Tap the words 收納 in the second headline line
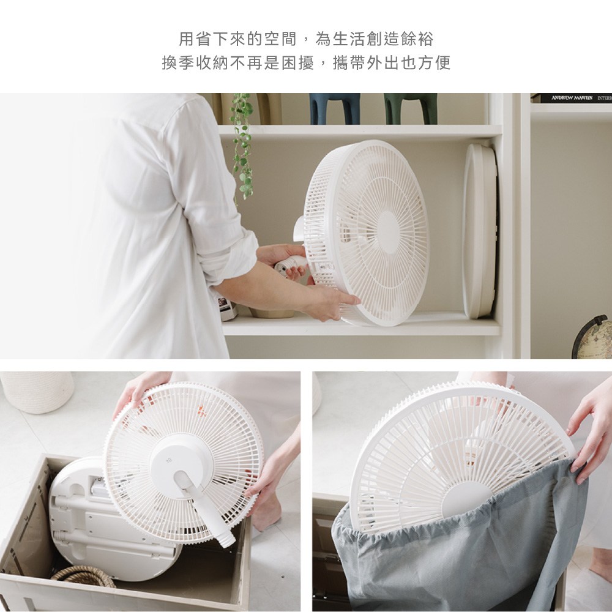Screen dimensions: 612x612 (x=212, y=62)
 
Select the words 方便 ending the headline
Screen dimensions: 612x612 (x=435, y=62)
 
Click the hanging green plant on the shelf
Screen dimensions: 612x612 (x=242, y=145)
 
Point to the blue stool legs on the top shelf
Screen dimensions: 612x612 (x=335, y=108)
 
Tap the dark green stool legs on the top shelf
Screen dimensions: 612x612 (x=410, y=108)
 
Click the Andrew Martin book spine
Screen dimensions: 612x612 (x=572, y=98)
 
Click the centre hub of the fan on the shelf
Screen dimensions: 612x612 (x=387, y=232)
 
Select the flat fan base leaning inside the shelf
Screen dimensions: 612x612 (x=480, y=231)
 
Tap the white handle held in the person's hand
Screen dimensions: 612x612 (x=291, y=266)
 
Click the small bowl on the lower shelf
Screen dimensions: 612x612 (x=272, y=313)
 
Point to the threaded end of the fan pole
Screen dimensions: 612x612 (x=228, y=541)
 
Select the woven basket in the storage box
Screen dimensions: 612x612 (x=84, y=577)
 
